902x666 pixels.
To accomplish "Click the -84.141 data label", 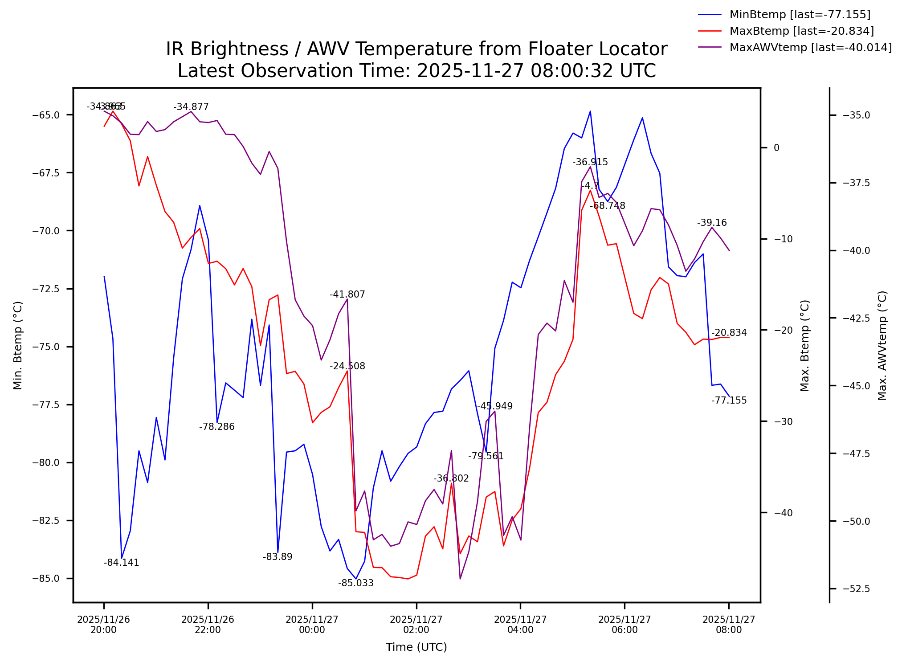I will pyautogui.click(x=122, y=563).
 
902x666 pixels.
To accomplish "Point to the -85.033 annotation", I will pyautogui.click(x=356, y=583).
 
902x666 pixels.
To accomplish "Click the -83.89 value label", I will pyautogui.click(x=278, y=557).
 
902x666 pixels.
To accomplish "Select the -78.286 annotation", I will pyautogui.click(x=217, y=427).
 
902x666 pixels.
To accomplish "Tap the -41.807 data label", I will pyautogui.click(x=347, y=294).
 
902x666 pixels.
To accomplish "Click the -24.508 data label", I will pyautogui.click(x=347, y=366).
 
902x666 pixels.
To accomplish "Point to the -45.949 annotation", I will pyautogui.click(x=495, y=406).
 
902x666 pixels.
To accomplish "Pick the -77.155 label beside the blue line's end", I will pyautogui.click(x=729, y=400).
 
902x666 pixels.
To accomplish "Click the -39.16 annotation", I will pyautogui.click(x=712, y=223).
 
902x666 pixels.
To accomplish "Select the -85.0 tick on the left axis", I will pyautogui.click(x=46, y=579).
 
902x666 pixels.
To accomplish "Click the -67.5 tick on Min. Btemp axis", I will pyautogui.click(x=46, y=173).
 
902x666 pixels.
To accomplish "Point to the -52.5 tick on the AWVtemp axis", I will pyautogui.click(x=857, y=589).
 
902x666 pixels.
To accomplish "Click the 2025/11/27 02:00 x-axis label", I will pyautogui.click(x=416, y=625).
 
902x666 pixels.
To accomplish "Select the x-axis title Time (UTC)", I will pyautogui.click(x=416, y=647).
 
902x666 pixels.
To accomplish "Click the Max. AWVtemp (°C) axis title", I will pyautogui.click(x=882, y=346).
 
